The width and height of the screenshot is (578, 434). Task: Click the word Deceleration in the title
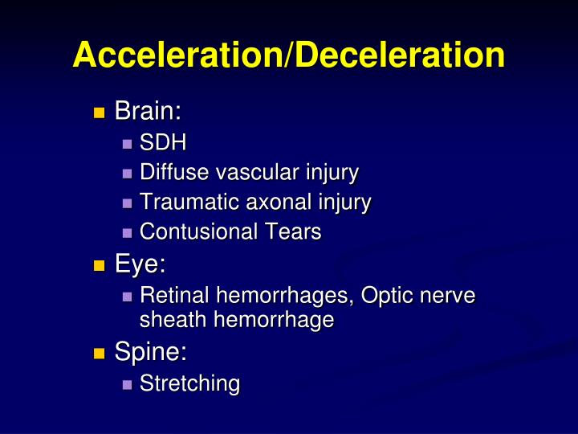[398, 55]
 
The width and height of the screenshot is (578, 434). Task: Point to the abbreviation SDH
[163, 145]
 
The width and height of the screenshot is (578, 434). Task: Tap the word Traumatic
[184, 203]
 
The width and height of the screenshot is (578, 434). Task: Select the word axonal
[267, 203]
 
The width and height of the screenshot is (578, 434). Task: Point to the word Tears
[294, 232]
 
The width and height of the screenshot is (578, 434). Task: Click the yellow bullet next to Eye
[99, 265]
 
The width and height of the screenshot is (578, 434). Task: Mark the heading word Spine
[151, 352]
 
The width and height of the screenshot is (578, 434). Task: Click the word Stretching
[189, 384]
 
